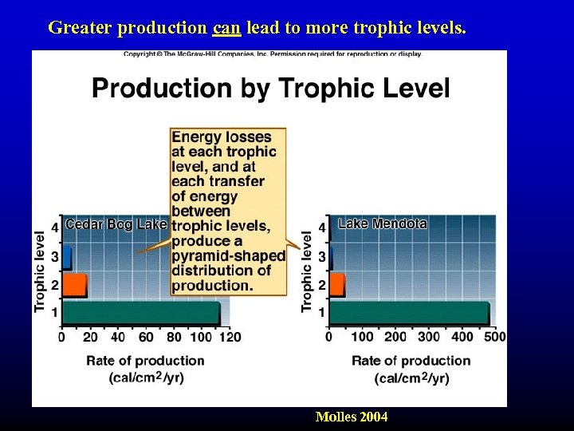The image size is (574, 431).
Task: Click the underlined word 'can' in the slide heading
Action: tap(226, 28)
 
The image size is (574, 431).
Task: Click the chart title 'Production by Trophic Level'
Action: tap(271, 88)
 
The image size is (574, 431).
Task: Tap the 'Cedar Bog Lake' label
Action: tap(116, 224)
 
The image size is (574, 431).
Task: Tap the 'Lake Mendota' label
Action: tap(383, 224)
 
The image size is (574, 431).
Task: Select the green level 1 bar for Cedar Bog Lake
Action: tap(140, 312)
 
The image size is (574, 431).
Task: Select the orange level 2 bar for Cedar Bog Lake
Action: tap(74, 284)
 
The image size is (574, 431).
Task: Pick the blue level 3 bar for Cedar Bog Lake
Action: tap(67, 257)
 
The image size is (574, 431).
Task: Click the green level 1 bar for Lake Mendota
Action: tap(409, 312)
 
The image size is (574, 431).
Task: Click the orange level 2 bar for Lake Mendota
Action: tap(336, 284)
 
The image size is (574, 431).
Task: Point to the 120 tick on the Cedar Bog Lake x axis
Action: tap(230, 337)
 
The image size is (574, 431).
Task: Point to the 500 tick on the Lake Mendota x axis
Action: tap(495, 337)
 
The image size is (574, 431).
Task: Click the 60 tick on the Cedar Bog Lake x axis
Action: tap(146, 337)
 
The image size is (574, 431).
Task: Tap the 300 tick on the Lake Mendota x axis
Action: tap(429, 337)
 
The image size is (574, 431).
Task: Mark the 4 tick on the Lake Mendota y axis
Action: tap(321, 228)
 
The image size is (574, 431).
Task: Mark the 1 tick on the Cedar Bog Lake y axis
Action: tap(54, 313)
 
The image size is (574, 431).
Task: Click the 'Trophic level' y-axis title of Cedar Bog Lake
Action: tap(40, 271)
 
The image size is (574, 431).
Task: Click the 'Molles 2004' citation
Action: tap(352, 417)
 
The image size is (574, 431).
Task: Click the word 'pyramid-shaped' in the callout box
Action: tap(228, 256)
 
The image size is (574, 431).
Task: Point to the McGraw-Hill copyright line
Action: tap(272, 54)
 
